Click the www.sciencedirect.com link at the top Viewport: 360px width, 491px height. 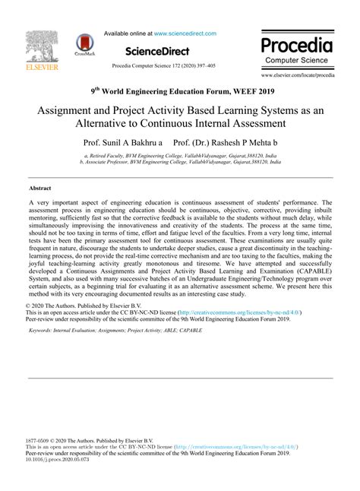tap(185, 33)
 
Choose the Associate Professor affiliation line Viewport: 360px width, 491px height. tap(180, 162)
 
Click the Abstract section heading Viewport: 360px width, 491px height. tap(40, 186)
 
